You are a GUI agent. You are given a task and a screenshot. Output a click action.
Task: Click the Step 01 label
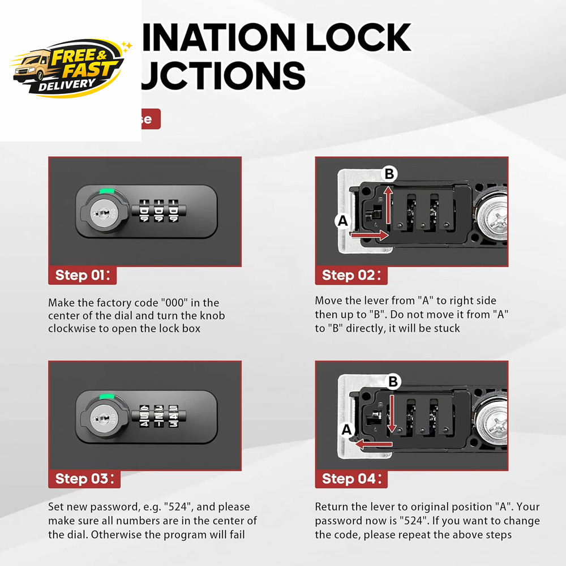coord(84,276)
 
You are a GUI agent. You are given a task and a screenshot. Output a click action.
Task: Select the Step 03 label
coord(84,479)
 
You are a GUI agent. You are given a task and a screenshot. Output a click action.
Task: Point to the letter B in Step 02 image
coord(389,174)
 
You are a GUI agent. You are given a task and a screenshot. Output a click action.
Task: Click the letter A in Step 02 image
coord(342,221)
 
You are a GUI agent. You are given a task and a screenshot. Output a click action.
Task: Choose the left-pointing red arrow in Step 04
coord(371,445)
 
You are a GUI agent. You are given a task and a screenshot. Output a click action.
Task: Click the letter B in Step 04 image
coord(393,382)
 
